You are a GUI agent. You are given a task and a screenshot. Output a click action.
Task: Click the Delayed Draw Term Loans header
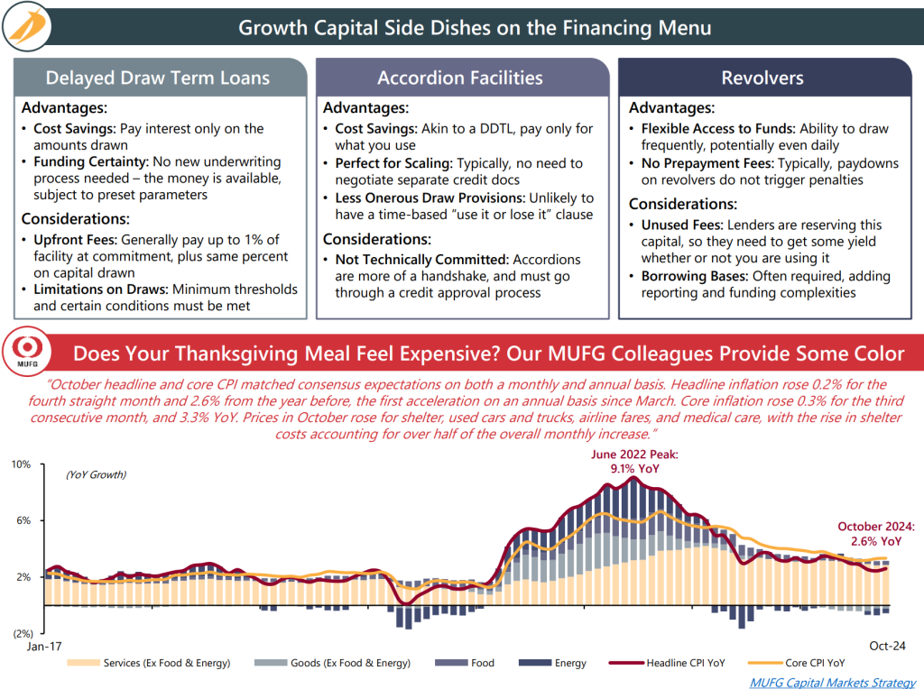point(157,78)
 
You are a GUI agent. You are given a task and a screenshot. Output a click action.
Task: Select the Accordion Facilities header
point(460,78)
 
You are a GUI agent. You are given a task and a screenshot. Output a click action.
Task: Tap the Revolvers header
point(762,78)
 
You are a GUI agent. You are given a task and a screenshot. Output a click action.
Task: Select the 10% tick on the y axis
point(21,464)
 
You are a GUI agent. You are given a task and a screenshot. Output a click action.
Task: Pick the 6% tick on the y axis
point(23,520)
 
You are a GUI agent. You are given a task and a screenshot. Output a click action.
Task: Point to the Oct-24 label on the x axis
point(887,646)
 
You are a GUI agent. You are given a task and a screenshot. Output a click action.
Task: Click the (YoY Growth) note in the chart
point(96,474)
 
